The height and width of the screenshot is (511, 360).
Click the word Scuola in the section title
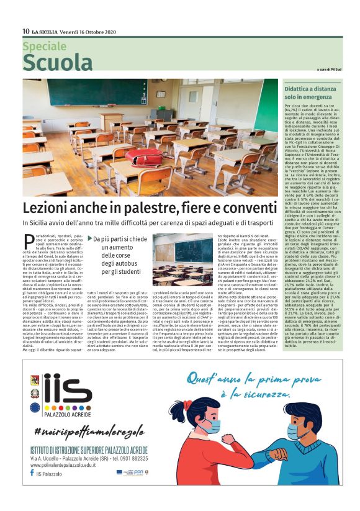tap(57, 63)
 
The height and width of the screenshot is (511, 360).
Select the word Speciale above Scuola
tap(45, 46)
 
